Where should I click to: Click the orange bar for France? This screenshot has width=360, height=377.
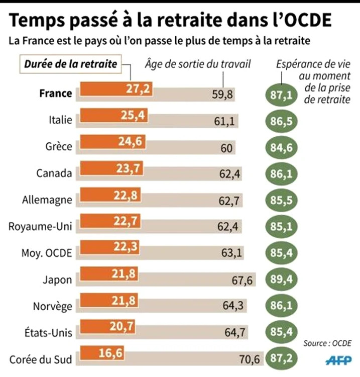click(116, 89)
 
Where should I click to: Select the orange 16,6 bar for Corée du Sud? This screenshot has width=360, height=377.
click(102, 353)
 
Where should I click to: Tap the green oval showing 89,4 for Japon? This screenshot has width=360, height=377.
click(282, 279)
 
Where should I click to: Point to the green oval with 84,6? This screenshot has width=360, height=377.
click(282, 147)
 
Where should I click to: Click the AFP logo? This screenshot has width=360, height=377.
click(338, 360)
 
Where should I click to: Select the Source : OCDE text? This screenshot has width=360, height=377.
click(327, 343)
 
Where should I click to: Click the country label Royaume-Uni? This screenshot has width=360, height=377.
click(40, 227)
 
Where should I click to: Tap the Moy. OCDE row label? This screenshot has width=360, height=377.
click(47, 253)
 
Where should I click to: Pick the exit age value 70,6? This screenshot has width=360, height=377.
click(250, 359)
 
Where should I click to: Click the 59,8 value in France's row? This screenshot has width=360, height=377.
click(222, 95)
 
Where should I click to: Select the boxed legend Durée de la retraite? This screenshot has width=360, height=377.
click(71, 64)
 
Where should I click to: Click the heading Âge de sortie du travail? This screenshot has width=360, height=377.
click(198, 64)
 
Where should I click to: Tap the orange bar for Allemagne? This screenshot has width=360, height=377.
click(110, 195)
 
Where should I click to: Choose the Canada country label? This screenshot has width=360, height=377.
click(54, 173)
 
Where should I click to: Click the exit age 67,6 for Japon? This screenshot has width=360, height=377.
click(242, 280)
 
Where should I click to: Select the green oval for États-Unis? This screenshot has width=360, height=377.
click(282, 332)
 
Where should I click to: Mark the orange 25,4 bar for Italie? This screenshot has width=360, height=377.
click(114, 116)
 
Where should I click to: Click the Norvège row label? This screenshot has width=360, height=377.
click(52, 306)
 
